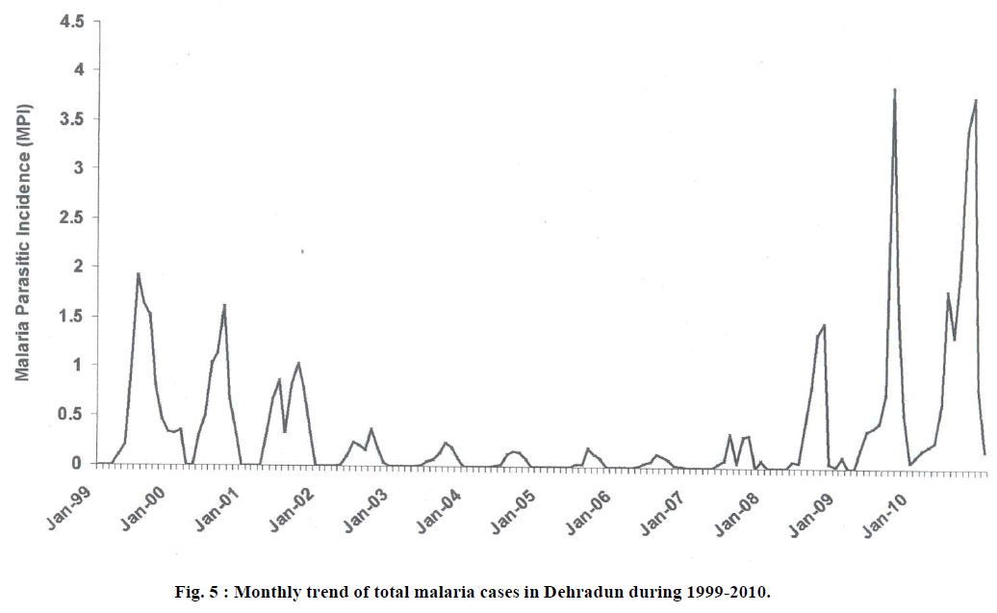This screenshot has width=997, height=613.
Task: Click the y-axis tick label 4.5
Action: point(71,20)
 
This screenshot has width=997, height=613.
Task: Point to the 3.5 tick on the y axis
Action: point(71,119)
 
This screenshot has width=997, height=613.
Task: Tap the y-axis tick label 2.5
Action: point(71,217)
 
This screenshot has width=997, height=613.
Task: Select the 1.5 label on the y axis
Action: point(71,316)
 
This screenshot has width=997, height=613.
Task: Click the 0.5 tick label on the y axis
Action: point(71,414)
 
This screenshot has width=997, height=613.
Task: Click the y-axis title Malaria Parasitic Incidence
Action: point(22,240)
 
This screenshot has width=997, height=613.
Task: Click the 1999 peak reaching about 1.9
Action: point(138,274)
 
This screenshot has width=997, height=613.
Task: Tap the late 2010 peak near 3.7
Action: point(976,100)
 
